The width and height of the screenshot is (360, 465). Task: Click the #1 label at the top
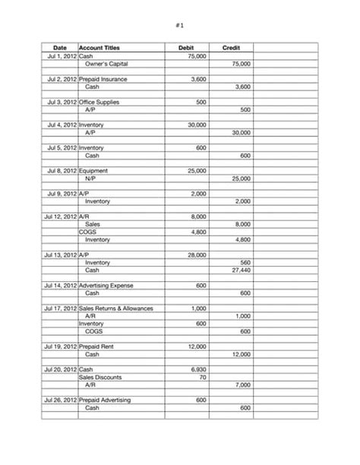point(180,25)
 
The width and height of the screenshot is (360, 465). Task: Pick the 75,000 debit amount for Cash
point(196,56)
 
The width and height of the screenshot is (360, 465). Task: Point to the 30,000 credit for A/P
point(240,132)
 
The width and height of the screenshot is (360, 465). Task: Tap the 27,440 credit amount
point(240,270)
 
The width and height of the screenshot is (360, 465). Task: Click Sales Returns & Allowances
point(116,308)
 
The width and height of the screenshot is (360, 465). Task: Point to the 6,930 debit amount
point(197,369)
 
